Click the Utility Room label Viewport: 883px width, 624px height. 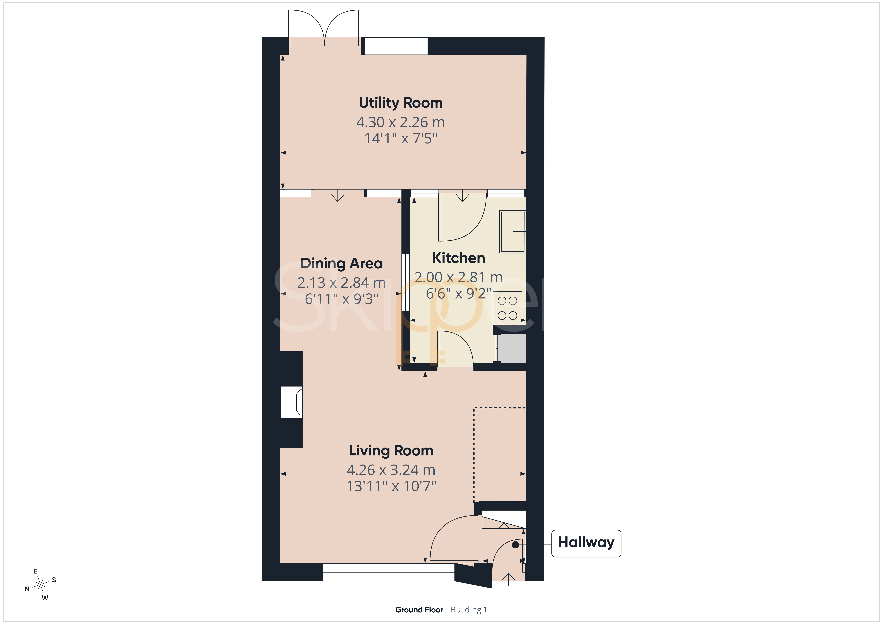[401, 103]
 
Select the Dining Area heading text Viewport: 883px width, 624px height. [342, 264]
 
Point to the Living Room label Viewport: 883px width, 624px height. [391, 451]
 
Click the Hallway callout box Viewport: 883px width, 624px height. [586, 543]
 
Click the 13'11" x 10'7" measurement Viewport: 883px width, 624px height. [391, 486]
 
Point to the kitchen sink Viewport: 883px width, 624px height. [512, 231]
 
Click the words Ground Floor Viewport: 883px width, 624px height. [419, 610]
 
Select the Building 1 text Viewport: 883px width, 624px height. [469, 610]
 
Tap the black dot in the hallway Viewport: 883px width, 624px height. [515, 545]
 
